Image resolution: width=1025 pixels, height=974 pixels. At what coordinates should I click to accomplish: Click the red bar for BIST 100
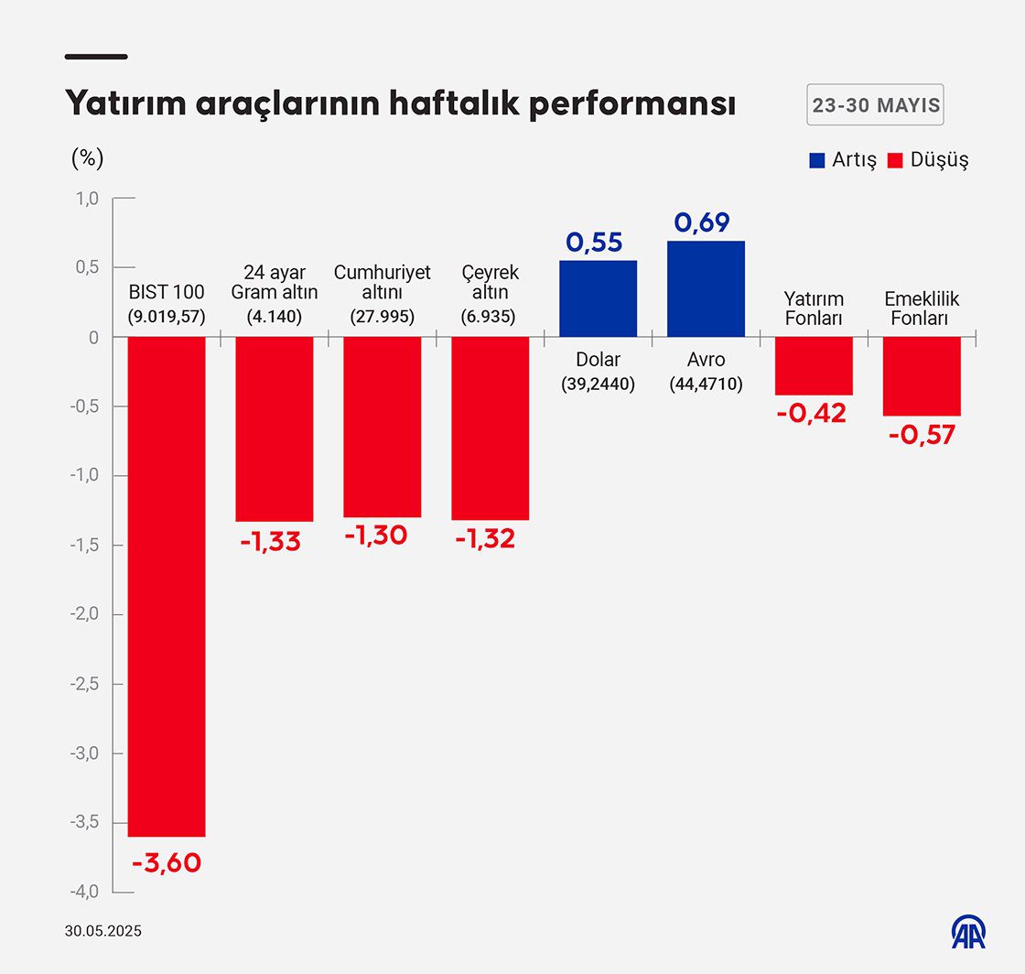point(167,586)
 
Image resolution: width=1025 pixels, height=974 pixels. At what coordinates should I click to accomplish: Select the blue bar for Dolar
point(598,298)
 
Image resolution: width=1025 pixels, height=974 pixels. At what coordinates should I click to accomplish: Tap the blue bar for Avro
point(706,288)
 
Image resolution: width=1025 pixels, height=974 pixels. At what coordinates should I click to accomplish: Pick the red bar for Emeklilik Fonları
point(922,376)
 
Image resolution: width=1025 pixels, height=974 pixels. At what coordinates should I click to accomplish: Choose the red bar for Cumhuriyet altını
point(382,427)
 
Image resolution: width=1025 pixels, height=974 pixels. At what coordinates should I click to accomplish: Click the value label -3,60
point(166,862)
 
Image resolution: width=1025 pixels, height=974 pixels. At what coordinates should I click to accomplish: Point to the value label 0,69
point(706,222)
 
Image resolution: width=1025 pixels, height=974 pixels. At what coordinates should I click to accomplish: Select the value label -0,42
point(813,413)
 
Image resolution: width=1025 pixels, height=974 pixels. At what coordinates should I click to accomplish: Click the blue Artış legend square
point(817,160)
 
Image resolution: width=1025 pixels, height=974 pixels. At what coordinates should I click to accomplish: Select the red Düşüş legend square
point(895,160)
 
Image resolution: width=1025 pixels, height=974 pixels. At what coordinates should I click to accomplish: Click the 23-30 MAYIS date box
point(875,105)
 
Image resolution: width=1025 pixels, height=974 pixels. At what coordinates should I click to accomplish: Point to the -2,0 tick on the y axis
point(86,614)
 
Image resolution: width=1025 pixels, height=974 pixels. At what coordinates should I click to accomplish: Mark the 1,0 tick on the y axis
point(86,199)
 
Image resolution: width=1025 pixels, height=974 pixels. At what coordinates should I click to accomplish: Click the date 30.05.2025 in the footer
point(103,932)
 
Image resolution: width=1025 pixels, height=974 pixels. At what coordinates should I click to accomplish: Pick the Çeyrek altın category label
point(490,283)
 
